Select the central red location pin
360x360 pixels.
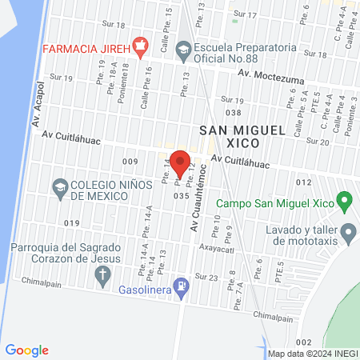pyautogui.click(x=180, y=162)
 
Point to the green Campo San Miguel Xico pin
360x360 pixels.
pyautogui.click(x=344, y=200)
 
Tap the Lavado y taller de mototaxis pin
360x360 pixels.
pyautogui.click(x=349, y=234)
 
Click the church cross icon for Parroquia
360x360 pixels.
pyautogui.click(x=102, y=276)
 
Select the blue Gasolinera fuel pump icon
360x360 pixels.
pyautogui.click(x=184, y=285)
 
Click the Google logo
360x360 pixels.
pyautogui.click(x=27, y=350)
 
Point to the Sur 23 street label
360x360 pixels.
pyautogui.click(x=208, y=277)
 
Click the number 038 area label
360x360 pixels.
pyautogui.click(x=233, y=113)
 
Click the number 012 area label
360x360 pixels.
pyautogui.click(x=302, y=182)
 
